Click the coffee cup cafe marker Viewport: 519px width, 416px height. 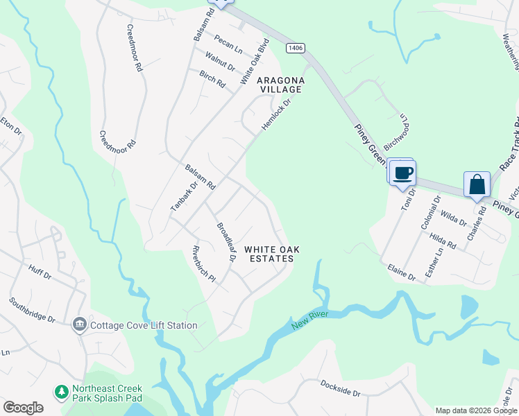(x=402, y=172)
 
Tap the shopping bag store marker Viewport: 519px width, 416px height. (x=477, y=184)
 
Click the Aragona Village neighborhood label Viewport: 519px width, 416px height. (x=280, y=85)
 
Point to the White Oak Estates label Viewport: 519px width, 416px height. (x=269, y=254)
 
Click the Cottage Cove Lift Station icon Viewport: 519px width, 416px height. (x=79, y=324)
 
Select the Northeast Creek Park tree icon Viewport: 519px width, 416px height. (x=62, y=392)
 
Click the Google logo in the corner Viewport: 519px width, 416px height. (x=23, y=407)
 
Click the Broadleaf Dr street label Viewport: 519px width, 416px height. (x=226, y=241)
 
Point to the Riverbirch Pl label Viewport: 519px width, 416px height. (x=204, y=264)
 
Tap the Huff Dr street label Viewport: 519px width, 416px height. (x=40, y=270)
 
